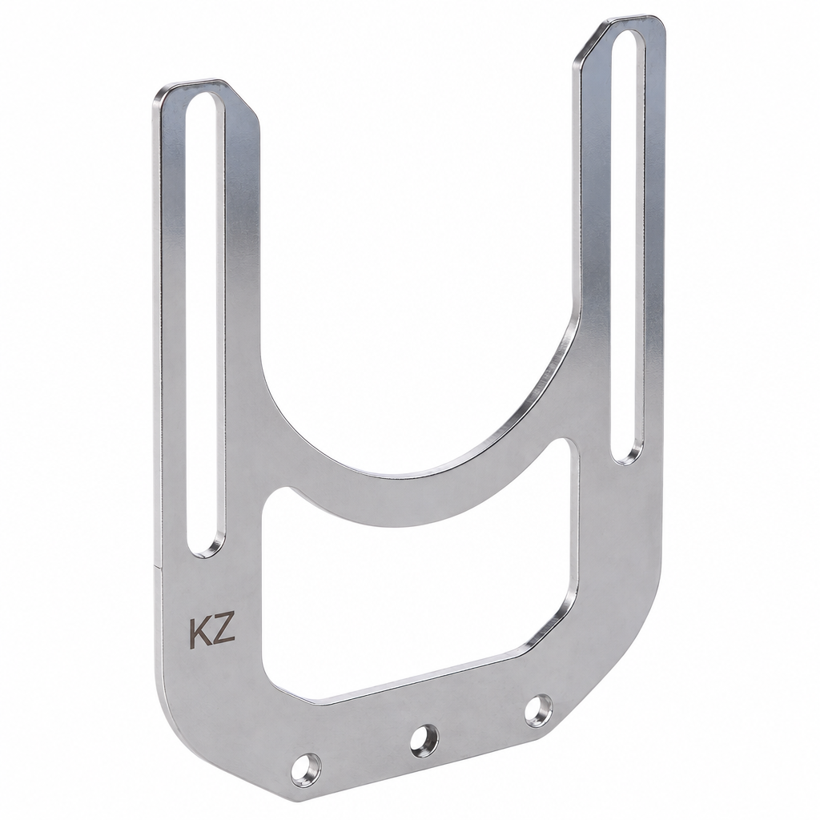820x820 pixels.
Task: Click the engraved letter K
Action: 200,633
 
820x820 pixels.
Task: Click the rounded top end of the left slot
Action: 207,102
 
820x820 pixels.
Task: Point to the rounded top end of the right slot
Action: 629,39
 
